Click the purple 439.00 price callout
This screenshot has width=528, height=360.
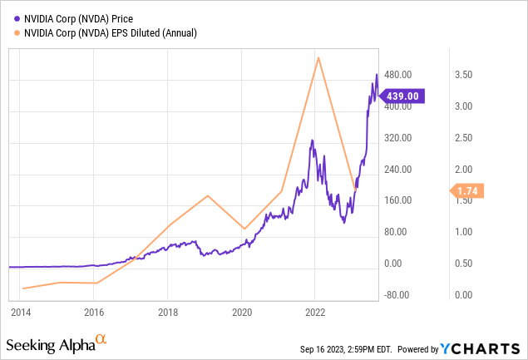[404, 96]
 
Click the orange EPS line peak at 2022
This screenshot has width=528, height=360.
[318, 57]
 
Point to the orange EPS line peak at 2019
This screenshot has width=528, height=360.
[208, 195]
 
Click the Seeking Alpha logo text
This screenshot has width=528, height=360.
[50, 343]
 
